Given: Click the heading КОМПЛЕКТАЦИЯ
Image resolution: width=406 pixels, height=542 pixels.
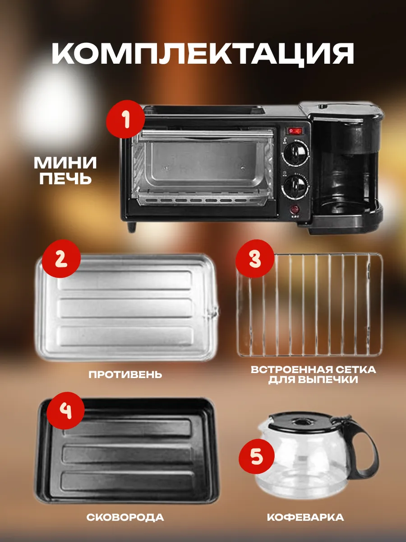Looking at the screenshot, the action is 203,54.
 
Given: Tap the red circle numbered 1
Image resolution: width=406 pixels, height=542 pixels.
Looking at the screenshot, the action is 125,119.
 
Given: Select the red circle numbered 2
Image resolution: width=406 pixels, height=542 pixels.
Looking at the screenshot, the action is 61,258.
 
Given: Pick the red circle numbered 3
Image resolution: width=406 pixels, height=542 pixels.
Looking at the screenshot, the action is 255,258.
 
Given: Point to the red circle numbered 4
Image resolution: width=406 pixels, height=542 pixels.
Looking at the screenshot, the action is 65,411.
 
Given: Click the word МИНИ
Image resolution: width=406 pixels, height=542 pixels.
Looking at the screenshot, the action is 65,163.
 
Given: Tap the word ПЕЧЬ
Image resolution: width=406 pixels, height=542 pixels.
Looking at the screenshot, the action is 65,178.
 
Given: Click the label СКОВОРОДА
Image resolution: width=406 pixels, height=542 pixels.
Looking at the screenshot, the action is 125,517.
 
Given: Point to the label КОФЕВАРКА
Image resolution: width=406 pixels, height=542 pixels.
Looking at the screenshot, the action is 305,517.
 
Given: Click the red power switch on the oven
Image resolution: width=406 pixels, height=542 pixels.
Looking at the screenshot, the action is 295,131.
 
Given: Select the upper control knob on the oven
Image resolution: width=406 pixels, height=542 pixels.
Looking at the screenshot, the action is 296,152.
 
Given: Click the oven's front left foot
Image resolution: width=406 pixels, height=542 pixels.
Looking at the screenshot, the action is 131,226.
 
